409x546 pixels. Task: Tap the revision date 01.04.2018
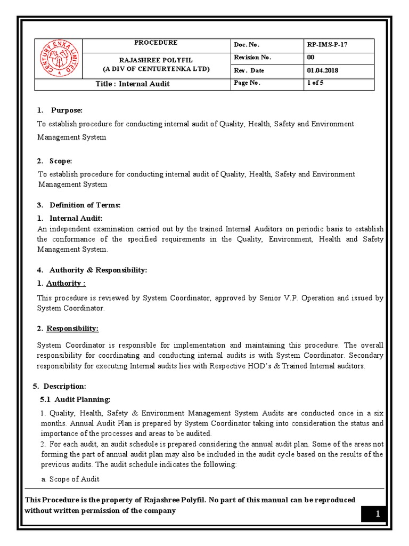322,70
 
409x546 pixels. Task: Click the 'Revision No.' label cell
252,58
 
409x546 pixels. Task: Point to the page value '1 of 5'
315,83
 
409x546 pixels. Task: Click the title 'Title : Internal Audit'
133,84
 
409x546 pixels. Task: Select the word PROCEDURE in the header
156,43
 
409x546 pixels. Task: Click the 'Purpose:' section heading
67,110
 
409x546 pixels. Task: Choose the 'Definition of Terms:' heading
85,205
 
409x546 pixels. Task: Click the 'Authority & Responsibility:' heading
98,270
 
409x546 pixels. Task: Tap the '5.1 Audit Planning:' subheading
76,399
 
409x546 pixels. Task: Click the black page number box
378,514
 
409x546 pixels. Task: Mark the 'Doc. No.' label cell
246,45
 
